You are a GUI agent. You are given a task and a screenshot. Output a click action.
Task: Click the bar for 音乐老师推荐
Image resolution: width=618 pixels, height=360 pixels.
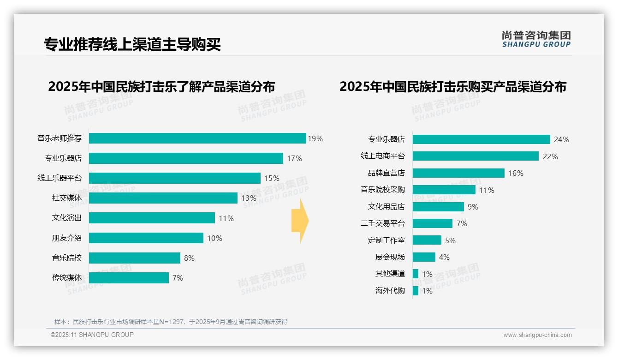[x=197, y=138]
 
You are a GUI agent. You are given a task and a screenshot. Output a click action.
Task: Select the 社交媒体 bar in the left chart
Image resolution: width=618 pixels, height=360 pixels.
[x=163, y=198]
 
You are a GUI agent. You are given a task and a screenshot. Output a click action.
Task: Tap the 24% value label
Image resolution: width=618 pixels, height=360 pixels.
[x=562, y=139]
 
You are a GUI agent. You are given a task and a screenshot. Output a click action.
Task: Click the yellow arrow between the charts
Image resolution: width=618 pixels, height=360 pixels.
[x=300, y=221]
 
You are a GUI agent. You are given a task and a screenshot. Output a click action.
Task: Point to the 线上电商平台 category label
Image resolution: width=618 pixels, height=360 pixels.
[x=382, y=156]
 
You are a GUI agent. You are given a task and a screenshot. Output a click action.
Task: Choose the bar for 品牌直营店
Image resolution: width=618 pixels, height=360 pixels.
[x=458, y=173]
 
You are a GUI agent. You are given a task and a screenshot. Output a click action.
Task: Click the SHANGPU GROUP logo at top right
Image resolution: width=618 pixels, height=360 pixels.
[x=536, y=39]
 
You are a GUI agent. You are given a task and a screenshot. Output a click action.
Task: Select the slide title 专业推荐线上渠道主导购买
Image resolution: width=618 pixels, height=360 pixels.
[x=132, y=44]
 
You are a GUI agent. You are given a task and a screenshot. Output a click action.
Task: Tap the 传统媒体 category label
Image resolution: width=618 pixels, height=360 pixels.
[x=66, y=278]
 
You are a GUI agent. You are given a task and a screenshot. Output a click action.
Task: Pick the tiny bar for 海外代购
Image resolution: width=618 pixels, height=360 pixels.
[x=416, y=291]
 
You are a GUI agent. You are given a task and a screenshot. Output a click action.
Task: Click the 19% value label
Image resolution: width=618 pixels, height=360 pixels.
[x=315, y=138]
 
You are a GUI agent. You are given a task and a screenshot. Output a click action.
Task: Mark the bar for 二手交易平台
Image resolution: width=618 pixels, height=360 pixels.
[x=432, y=223]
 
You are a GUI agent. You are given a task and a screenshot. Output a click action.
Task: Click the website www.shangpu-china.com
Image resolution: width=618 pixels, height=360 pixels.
[x=537, y=335]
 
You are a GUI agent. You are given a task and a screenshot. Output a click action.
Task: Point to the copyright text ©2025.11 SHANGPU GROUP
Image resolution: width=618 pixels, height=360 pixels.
[x=92, y=335]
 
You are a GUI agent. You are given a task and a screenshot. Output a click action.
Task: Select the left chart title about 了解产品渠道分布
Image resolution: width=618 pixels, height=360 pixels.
[x=161, y=87]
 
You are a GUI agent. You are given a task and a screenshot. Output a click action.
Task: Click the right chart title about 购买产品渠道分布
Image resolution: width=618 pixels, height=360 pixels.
[x=453, y=87]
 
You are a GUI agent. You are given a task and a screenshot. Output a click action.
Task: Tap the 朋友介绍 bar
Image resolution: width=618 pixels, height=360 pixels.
[x=146, y=238]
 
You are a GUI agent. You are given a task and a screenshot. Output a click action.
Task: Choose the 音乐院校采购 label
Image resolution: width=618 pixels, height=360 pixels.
[x=382, y=190]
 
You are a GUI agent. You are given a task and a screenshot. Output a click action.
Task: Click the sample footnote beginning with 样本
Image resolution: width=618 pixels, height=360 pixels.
[x=171, y=322]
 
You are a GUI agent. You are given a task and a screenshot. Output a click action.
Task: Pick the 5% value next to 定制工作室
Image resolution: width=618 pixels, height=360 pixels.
[x=450, y=240]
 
